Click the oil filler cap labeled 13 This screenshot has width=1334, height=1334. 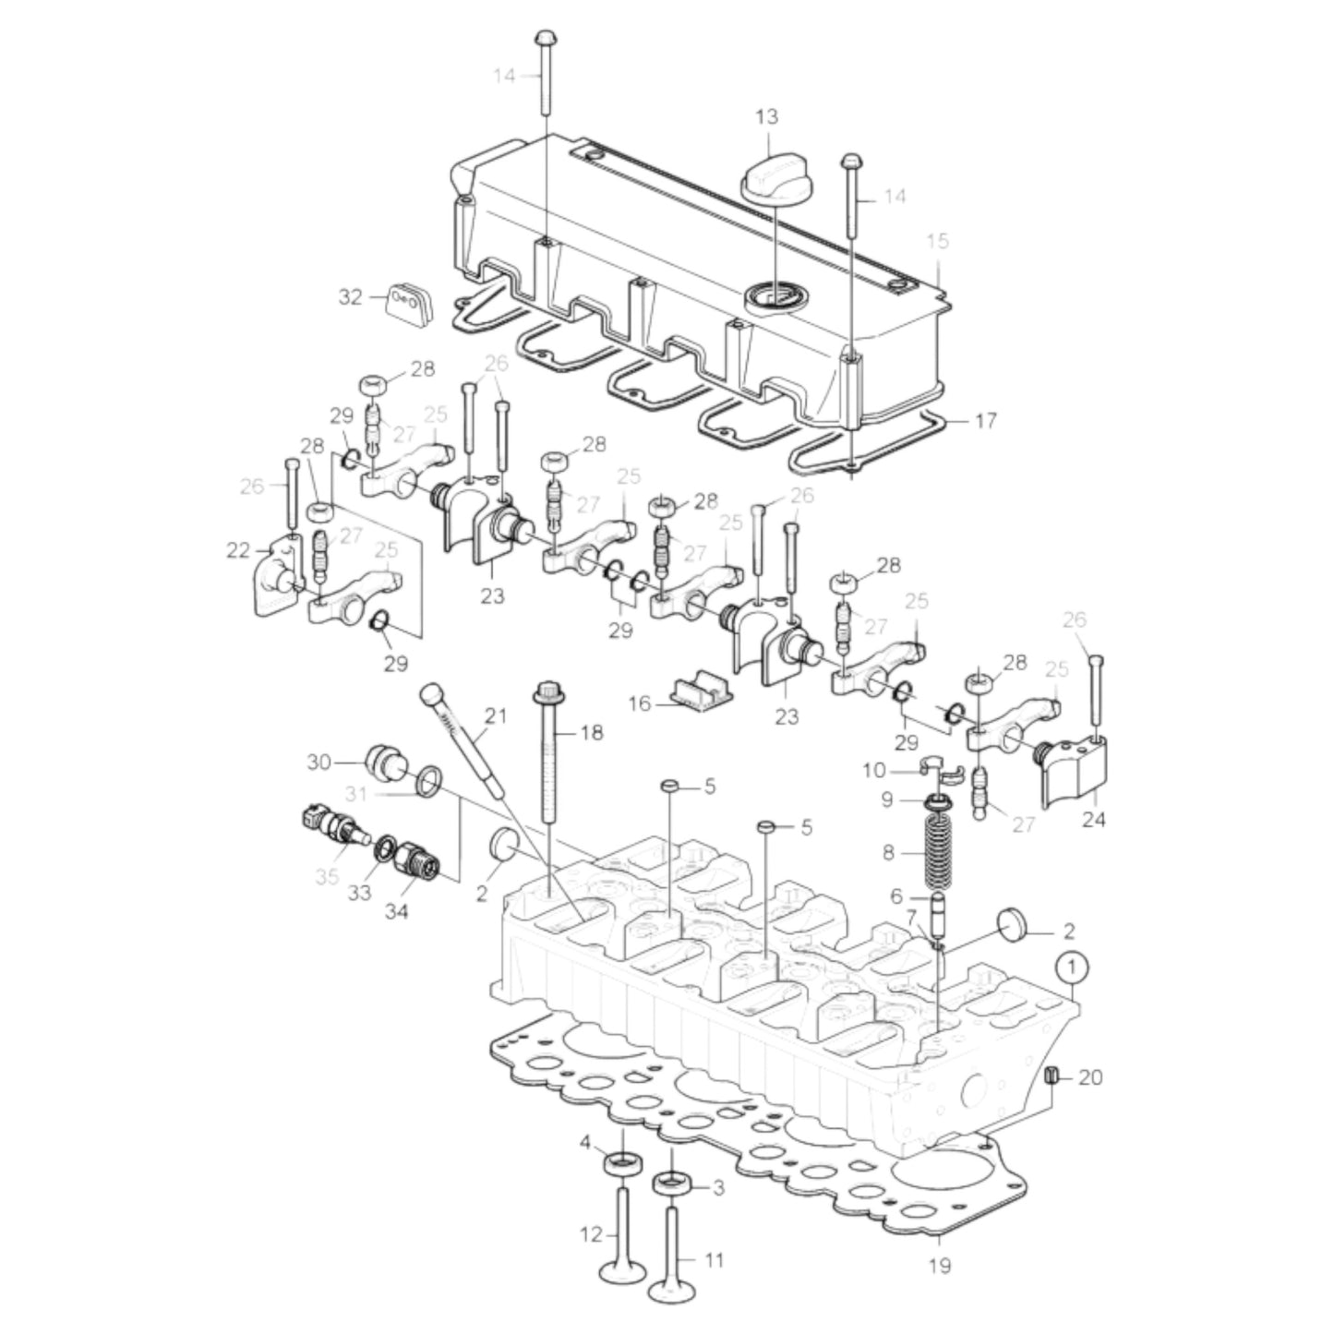pos(773,174)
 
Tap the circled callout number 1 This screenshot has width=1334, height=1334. pos(1070,968)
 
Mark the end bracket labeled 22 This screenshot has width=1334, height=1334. pos(275,577)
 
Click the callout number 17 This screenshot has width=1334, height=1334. pos(985,421)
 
